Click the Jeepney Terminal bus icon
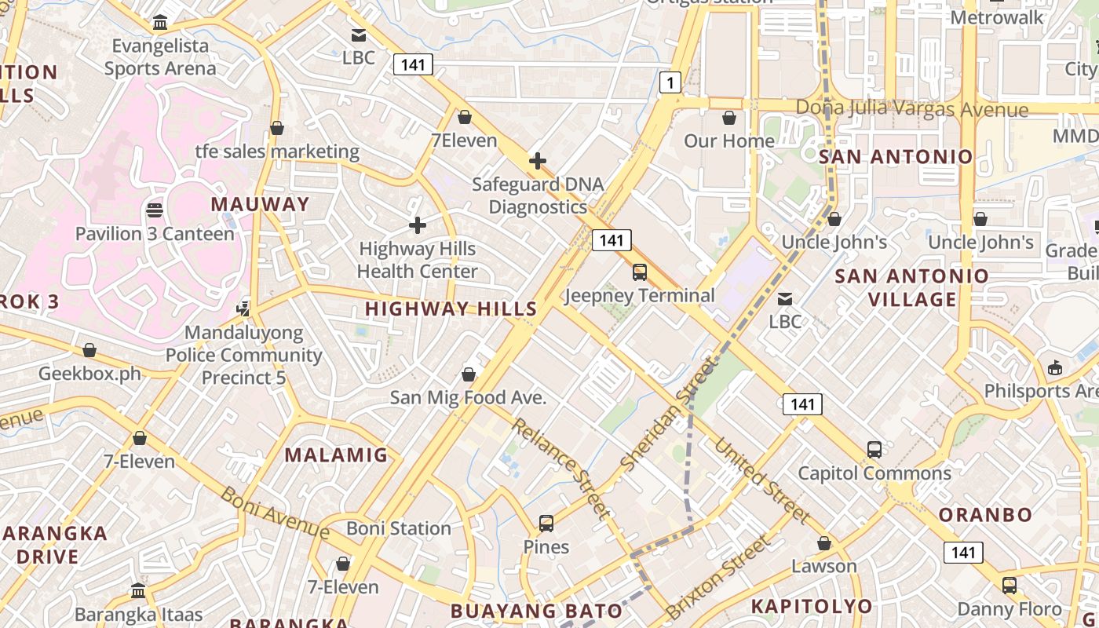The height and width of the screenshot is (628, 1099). (x=640, y=272)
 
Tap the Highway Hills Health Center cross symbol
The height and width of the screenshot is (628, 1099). (x=418, y=226)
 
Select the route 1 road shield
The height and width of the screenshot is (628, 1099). (x=670, y=82)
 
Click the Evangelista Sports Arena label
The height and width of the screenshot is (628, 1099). (x=160, y=57)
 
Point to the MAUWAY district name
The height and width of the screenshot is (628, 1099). (x=261, y=204)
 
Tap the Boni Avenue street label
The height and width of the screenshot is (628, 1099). (x=274, y=513)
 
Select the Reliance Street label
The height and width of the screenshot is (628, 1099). (x=560, y=469)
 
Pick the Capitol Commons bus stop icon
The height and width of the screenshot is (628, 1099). (x=874, y=450)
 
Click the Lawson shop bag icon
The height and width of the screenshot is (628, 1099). (x=824, y=543)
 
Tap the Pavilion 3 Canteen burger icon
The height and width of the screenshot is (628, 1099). (x=155, y=210)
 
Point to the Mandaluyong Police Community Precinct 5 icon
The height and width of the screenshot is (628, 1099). (x=243, y=309)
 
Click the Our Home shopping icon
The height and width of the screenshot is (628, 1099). (x=729, y=118)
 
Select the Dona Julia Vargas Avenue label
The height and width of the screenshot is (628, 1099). (x=911, y=108)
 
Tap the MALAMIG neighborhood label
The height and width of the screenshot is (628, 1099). (x=336, y=455)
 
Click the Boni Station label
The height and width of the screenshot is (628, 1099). (x=399, y=528)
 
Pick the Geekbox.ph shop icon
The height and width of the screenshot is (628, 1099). (x=89, y=350)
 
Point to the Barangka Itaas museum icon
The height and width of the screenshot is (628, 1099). (x=139, y=590)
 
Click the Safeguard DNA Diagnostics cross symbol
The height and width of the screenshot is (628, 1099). (x=538, y=162)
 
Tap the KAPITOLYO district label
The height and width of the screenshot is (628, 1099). (x=812, y=606)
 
